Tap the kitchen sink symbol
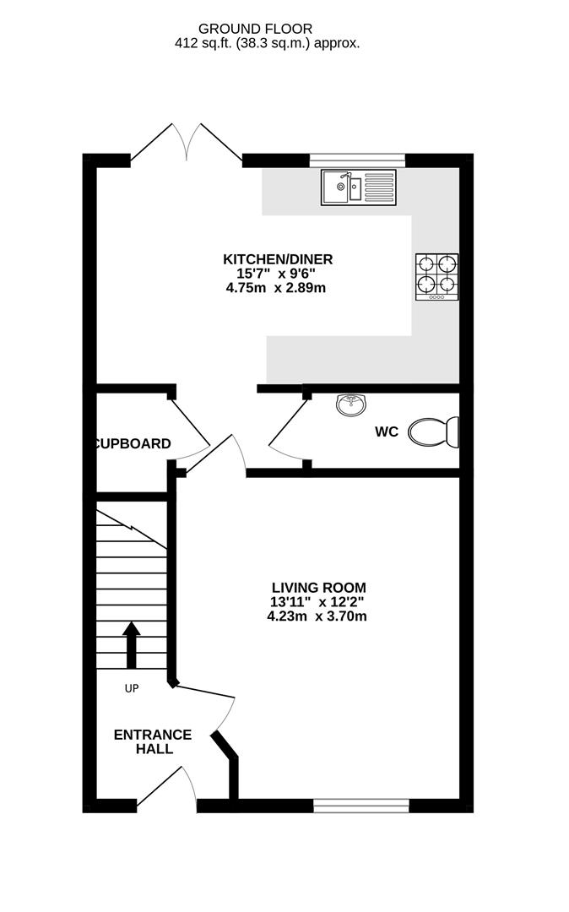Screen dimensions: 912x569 pyautogui.click(x=357, y=187)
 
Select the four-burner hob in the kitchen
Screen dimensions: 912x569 pyautogui.click(x=437, y=276)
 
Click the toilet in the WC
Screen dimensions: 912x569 pyautogui.click(x=434, y=432)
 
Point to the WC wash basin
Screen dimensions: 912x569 pyautogui.click(x=350, y=405)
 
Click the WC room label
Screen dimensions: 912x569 pyautogui.click(x=387, y=432)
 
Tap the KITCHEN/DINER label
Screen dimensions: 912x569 pyautogui.click(x=278, y=259)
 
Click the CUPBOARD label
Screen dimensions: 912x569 pyautogui.click(x=133, y=443)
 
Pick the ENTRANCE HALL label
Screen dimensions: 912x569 pyautogui.click(x=153, y=741)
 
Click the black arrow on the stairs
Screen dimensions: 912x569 pyautogui.click(x=132, y=644)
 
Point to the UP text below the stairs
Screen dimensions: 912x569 pyautogui.click(x=132, y=688)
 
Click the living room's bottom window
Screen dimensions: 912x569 pyautogui.click(x=360, y=806)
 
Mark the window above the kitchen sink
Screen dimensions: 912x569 pyautogui.click(x=357, y=160)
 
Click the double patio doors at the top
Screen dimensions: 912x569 pyautogui.click(x=187, y=141)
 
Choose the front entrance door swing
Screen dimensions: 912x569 pyautogui.click(x=169, y=785)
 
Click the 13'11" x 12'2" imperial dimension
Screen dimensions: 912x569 pyautogui.click(x=318, y=602)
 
